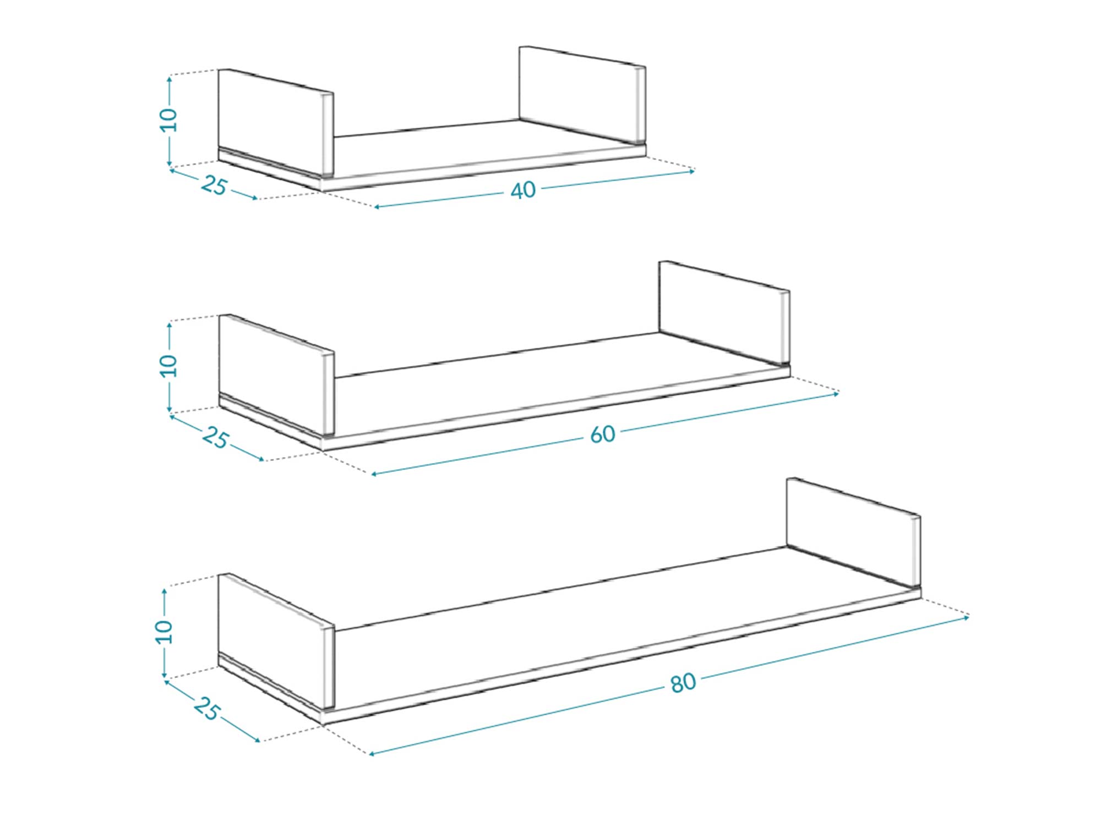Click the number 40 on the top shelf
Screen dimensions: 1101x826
pos(523,191)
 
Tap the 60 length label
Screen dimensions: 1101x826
pos(602,435)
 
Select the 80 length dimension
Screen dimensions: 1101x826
pos(683,683)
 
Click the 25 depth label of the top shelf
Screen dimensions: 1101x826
pos(214,186)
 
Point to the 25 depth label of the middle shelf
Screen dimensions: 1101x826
pos(215,438)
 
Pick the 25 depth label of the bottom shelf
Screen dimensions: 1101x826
pos(207,708)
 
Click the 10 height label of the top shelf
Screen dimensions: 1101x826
pos(168,120)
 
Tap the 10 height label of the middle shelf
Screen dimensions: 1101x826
pos(168,366)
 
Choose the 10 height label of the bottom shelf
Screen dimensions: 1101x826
pos(163,632)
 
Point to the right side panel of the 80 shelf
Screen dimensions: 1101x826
pos(853,531)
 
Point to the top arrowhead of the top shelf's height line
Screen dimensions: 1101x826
pos(170,79)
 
